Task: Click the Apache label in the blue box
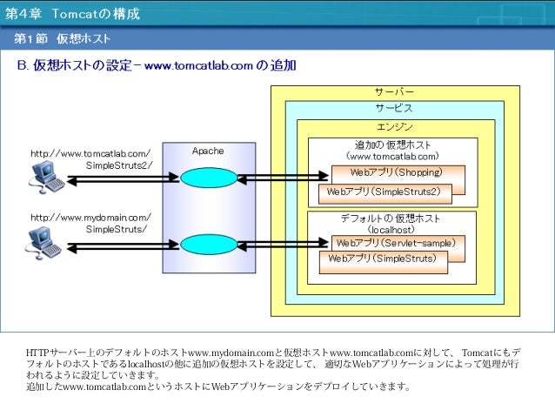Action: click(x=208, y=151)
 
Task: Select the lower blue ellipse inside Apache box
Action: click(x=208, y=243)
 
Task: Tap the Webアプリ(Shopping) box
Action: click(x=397, y=172)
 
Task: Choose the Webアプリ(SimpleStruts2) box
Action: click(x=384, y=192)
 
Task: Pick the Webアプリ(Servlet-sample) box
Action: click(x=397, y=243)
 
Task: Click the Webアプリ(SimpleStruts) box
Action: click(x=383, y=259)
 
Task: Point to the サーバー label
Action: click(x=394, y=91)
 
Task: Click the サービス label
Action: click(x=394, y=109)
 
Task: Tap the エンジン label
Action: click(x=394, y=127)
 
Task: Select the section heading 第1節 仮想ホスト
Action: click(x=61, y=40)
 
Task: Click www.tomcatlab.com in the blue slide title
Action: click(x=198, y=66)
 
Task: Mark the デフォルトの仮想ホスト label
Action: click(x=391, y=219)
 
